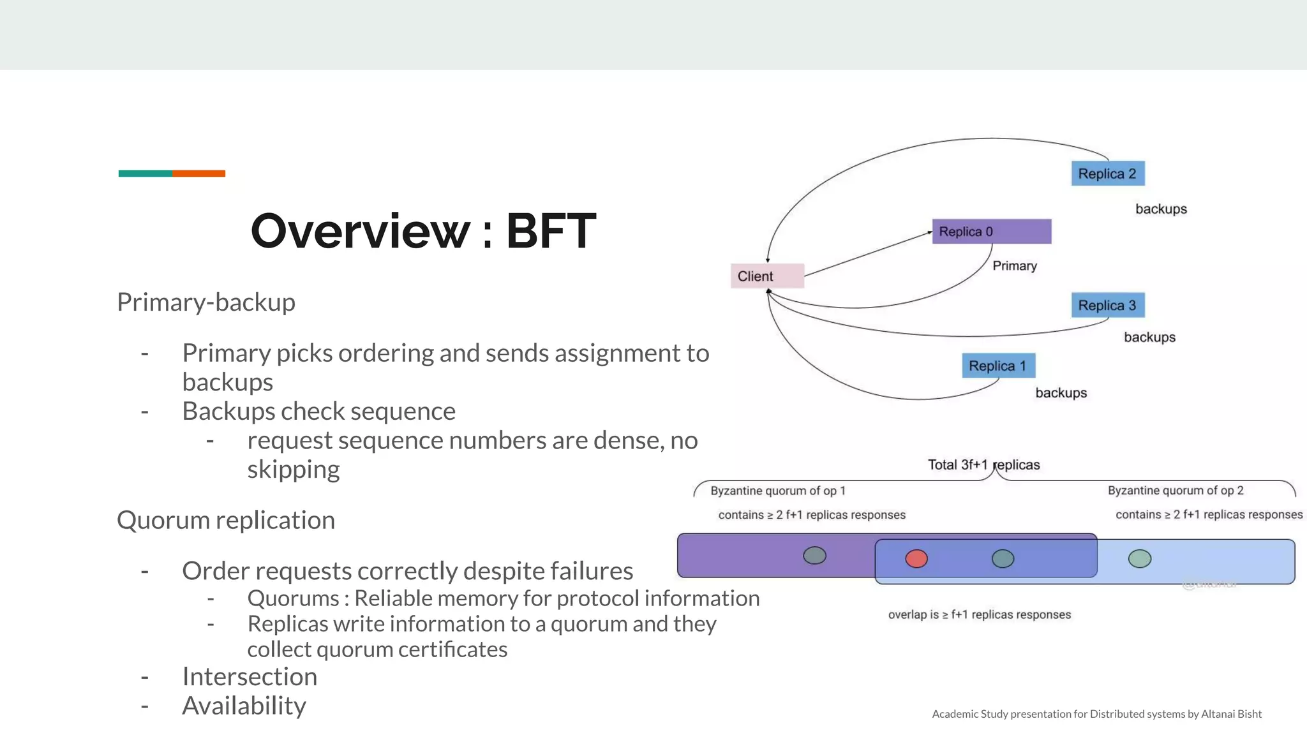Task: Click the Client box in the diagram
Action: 766,276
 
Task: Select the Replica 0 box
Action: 991,232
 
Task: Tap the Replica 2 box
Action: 1107,174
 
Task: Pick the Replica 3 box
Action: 1107,305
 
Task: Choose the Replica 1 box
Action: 998,366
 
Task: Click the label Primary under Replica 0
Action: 1014,265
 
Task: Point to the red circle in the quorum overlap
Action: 916,559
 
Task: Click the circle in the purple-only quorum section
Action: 814,555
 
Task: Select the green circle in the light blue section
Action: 1139,559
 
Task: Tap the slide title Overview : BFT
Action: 423,230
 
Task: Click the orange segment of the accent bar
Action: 198,174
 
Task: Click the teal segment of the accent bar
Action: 145,174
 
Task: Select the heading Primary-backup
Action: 206,302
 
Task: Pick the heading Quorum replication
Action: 226,520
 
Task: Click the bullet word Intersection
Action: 250,676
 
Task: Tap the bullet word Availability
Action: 244,706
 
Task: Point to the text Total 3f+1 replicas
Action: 983,464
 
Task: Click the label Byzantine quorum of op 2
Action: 1175,490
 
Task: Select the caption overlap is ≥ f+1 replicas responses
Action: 979,614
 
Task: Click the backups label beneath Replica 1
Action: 1061,392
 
